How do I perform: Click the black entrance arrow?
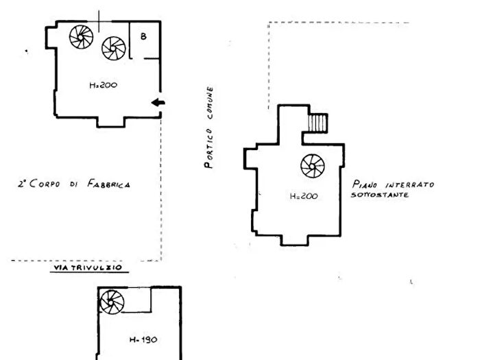point(158,102)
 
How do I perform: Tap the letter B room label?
point(143,36)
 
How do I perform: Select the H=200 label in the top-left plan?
point(103,85)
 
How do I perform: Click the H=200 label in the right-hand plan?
point(304,196)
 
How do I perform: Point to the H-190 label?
point(143,339)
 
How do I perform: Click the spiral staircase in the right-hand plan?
point(313,166)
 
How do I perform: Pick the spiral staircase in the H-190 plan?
point(112,302)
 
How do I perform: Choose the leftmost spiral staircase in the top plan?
point(81,37)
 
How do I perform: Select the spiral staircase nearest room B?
point(114,49)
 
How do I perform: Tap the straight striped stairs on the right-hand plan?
point(317,123)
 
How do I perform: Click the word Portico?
point(208,149)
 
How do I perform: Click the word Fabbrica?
point(108,184)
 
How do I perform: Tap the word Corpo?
point(45,183)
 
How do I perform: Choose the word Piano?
point(365,184)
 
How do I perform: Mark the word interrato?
point(410,185)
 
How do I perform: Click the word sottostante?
point(380,195)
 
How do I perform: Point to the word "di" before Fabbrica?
point(73,184)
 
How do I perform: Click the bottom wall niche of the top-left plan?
point(111,122)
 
